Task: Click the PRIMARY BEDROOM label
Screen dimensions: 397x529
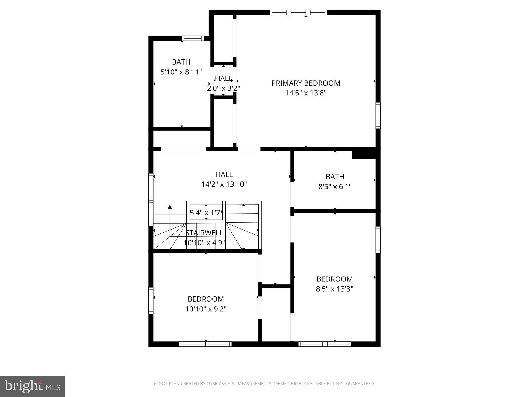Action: (x=306, y=83)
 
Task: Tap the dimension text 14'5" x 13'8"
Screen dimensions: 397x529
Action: (x=306, y=93)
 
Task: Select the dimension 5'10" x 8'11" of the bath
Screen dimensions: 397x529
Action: (x=181, y=72)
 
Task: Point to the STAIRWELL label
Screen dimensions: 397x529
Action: (x=204, y=233)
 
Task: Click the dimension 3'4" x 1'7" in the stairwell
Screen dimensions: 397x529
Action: (x=206, y=213)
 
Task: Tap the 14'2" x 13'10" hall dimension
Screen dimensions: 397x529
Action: (x=224, y=184)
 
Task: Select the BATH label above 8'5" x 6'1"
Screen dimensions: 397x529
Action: (x=335, y=177)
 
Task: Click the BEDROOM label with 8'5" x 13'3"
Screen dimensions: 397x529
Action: (x=334, y=279)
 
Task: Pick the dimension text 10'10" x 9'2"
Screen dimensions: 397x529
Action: (x=206, y=309)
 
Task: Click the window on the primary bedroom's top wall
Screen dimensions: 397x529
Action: (x=298, y=12)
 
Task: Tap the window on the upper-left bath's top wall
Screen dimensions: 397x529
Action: (x=193, y=38)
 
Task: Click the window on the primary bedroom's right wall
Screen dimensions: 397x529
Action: (x=378, y=115)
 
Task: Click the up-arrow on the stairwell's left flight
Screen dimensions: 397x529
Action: (x=170, y=207)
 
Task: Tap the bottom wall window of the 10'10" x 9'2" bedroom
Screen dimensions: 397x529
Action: (x=205, y=344)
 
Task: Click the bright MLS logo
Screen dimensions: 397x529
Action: (x=32, y=386)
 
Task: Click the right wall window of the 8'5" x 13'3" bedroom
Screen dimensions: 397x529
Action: (x=378, y=240)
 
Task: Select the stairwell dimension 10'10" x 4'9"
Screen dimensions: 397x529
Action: (x=204, y=243)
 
